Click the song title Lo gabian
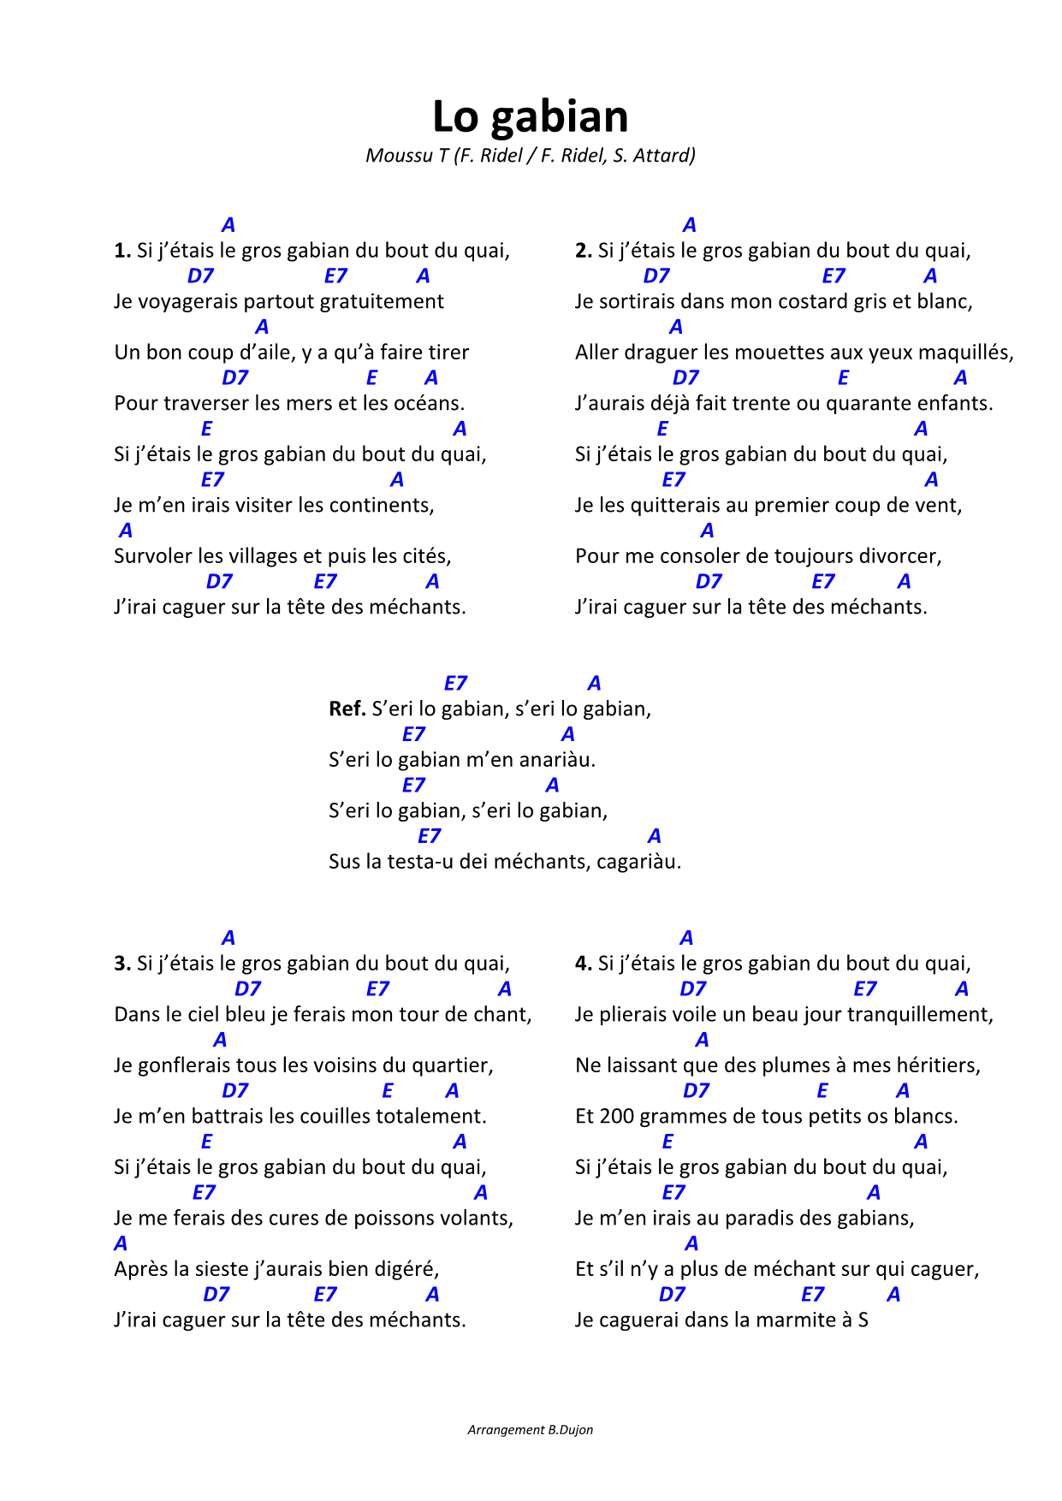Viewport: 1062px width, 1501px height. (x=530, y=116)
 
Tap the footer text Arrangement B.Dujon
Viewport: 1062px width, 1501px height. (x=530, y=1430)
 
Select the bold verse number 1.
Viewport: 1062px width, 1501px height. (x=122, y=251)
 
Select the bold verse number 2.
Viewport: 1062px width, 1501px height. (x=584, y=251)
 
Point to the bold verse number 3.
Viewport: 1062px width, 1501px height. (x=122, y=964)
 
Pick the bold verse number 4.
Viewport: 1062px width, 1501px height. (x=584, y=964)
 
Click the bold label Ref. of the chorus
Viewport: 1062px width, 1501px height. (x=347, y=709)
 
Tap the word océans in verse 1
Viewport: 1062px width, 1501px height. (x=429, y=403)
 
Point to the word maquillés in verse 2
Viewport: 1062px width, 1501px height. (x=968, y=353)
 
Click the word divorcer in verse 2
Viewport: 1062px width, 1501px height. (x=901, y=556)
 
